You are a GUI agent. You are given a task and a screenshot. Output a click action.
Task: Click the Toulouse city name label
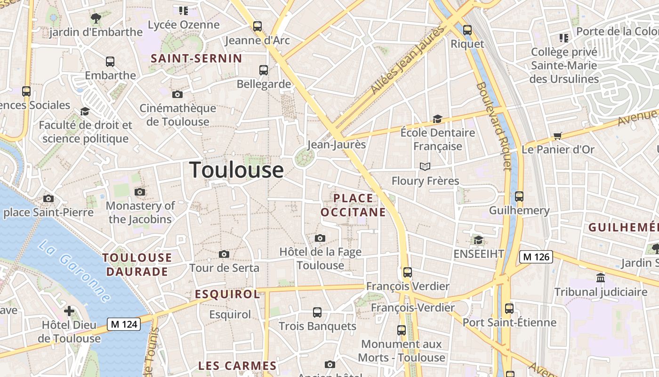(236, 170)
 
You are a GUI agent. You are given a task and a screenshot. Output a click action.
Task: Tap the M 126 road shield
(536, 257)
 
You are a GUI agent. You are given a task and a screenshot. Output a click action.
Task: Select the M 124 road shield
(124, 324)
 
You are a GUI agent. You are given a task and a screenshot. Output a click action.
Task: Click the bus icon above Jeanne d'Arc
(257, 26)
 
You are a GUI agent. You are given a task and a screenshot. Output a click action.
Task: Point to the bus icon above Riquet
(467, 30)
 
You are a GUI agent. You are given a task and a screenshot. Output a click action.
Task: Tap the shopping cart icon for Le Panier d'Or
(558, 136)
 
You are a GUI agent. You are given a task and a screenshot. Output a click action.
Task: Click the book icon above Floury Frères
(425, 166)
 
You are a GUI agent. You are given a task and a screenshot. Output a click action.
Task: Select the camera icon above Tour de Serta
(224, 254)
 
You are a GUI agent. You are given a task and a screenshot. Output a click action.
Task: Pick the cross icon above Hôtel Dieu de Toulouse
(69, 311)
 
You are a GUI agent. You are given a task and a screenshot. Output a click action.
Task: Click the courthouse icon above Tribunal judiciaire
(601, 278)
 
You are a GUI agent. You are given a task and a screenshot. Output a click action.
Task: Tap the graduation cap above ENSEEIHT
(478, 240)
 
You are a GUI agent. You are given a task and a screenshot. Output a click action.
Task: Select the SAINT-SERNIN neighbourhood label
(196, 59)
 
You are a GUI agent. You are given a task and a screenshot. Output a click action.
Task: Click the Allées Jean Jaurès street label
(408, 59)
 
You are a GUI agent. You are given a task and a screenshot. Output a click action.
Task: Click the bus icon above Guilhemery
(519, 197)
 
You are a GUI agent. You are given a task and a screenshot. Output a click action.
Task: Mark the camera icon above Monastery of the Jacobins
(140, 192)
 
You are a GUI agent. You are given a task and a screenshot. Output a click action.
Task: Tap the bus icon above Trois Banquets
(317, 312)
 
